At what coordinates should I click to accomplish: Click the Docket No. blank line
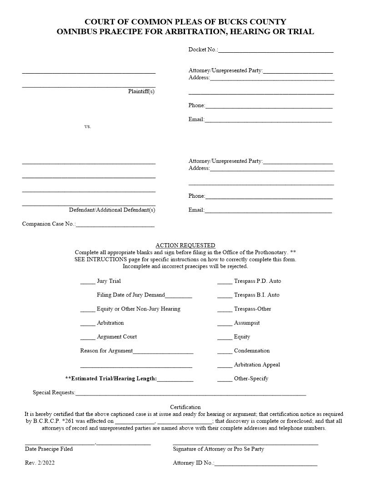(x=276, y=51)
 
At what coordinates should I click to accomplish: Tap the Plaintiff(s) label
(x=141, y=91)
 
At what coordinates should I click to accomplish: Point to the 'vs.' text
(x=88, y=126)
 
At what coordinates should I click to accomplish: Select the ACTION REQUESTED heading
(x=185, y=245)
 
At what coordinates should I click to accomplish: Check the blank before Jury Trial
(x=87, y=282)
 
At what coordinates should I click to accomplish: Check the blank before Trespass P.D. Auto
(x=225, y=282)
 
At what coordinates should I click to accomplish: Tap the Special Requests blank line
(x=191, y=394)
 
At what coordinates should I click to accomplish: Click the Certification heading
(x=185, y=407)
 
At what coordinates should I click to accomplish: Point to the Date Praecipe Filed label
(x=49, y=449)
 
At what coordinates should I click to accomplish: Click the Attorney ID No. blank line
(x=266, y=465)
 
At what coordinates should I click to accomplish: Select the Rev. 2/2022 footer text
(x=40, y=463)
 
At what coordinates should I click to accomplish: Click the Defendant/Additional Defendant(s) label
(x=112, y=210)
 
